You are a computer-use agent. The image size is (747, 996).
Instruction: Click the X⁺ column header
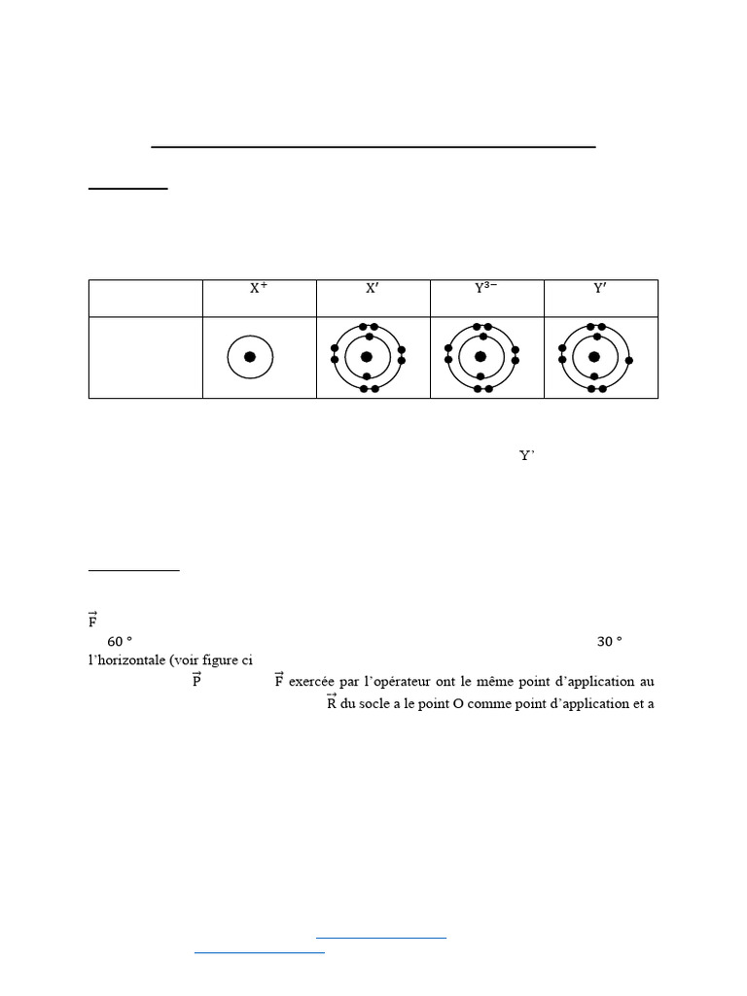(259, 288)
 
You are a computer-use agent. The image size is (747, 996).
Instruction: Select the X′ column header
(373, 288)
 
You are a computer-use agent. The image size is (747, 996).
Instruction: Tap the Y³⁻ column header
(486, 288)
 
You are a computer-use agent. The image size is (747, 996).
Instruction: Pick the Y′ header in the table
(600, 288)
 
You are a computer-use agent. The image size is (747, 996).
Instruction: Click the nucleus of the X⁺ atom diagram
(250, 357)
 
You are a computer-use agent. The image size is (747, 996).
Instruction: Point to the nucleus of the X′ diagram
(367, 357)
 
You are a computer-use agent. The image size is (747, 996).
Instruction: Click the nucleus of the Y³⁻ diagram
(480, 357)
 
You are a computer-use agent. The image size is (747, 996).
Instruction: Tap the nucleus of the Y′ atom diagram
(594, 357)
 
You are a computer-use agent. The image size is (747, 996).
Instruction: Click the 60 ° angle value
(120, 642)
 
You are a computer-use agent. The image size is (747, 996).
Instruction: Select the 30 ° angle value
(609, 642)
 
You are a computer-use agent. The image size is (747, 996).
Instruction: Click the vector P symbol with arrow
(196, 680)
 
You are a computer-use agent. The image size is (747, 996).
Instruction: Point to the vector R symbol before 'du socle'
(331, 702)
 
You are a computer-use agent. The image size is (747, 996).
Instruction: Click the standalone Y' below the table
(527, 455)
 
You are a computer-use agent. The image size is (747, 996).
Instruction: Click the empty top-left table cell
(145, 298)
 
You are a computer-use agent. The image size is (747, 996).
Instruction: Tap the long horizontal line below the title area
(373, 147)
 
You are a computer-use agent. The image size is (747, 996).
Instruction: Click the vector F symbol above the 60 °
(92, 620)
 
